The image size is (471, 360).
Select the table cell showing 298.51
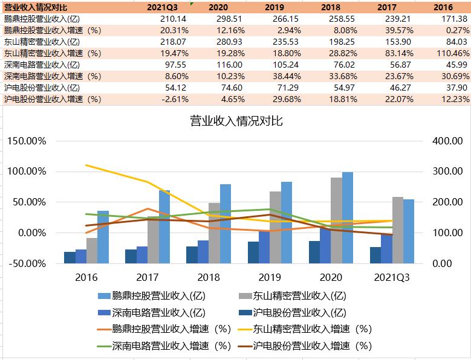(x=221, y=19)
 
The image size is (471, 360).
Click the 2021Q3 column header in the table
(x=161, y=7)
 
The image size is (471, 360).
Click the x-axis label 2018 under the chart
(x=209, y=277)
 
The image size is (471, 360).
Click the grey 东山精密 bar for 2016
(x=92, y=250)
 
